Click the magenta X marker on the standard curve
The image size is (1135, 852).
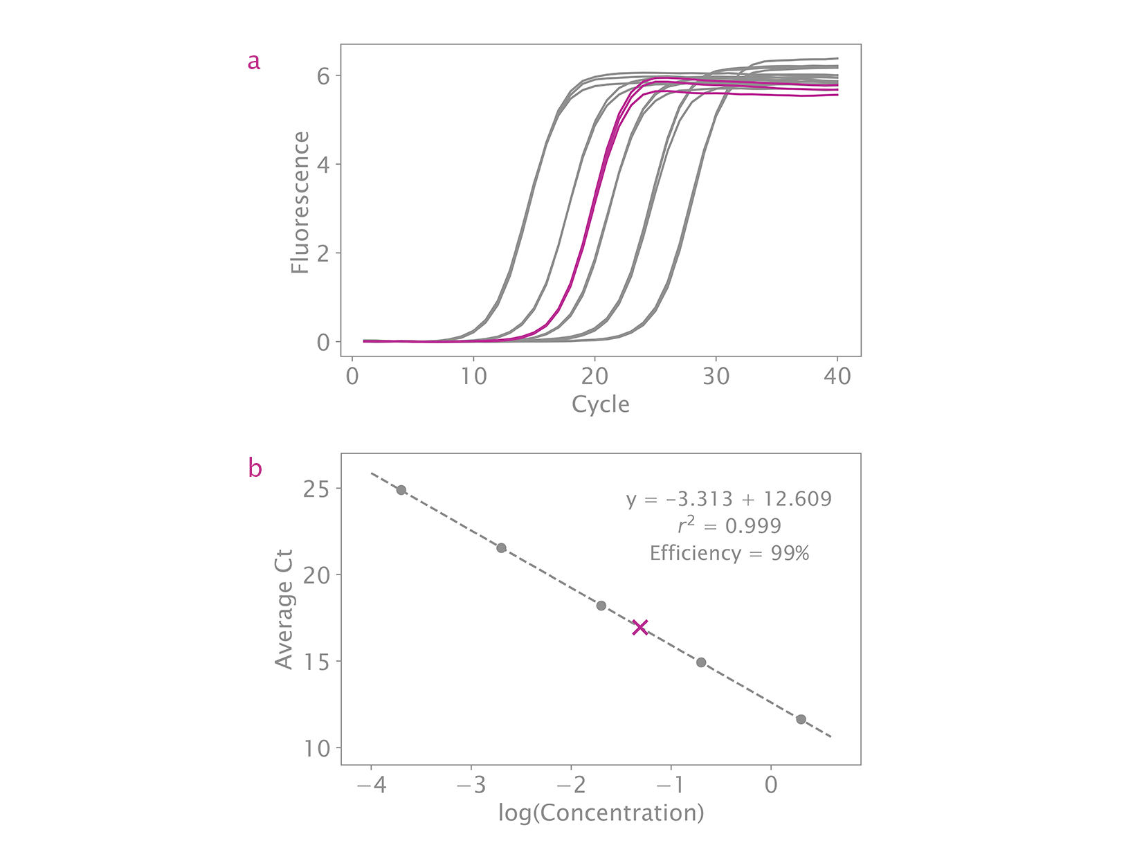click(x=640, y=628)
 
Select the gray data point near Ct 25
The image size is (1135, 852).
click(x=401, y=490)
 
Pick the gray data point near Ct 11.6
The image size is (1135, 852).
click(x=801, y=719)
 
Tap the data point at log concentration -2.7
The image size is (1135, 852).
click(x=501, y=548)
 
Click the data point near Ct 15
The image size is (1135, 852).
click(x=701, y=662)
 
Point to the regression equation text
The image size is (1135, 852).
click(x=729, y=499)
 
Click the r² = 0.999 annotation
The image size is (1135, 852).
click(x=729, y=526)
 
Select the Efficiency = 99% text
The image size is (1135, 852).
click(x=729, y=553)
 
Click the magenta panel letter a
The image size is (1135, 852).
click(x=254, y=62)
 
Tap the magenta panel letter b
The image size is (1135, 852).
click(x=255, y=469)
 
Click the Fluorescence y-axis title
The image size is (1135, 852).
click(x=300, y=203)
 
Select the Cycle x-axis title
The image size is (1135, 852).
click(x=600, y=404)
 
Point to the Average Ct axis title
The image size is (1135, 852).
click(x=284, y=609)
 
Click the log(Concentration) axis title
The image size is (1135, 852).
click(x=601, y=813)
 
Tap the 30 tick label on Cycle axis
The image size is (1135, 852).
click(x=716, y=377)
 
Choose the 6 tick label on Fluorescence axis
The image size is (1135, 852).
click(x=323, y=75)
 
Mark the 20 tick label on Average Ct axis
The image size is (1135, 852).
click(x=317, y=575)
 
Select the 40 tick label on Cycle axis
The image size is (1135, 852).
click(x=837, y=377)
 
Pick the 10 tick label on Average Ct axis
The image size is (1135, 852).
click(x=317, y=748)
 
